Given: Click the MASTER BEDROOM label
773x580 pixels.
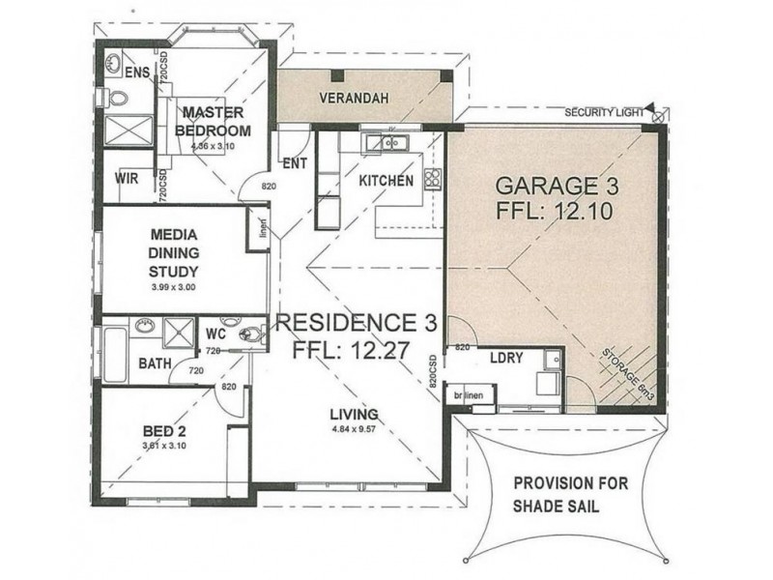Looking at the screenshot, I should click(x=214, y=122).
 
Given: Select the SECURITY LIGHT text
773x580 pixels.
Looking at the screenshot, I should click(x=604, y=113).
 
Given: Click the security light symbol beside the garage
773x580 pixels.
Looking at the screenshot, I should click(x=658, y=116).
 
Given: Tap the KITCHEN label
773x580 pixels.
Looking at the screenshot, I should click(x=386, y=180).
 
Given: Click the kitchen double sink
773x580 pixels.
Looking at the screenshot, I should click(x=386, y=144).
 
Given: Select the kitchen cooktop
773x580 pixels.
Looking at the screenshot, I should click(x=433, y=178).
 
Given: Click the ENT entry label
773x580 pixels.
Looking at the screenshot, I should click(x=295, y=163).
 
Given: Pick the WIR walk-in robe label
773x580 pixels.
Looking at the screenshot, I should click(x=126, y=178).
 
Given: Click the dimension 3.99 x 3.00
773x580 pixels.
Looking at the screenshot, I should click(x=174, y=287).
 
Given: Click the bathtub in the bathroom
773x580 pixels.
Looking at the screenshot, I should click(x=113, y=356).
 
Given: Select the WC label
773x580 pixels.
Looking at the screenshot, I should click(x=215, y=333).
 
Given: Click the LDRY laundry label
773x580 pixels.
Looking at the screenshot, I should click(x=506, y=357).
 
